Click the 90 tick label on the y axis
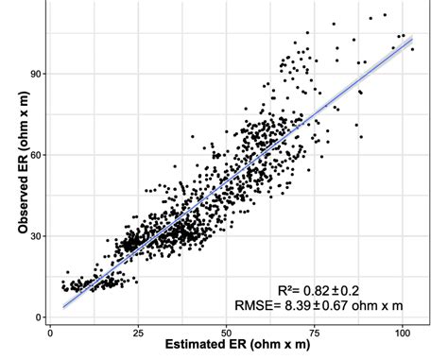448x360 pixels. point(35,73)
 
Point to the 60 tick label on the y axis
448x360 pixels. point(35,154)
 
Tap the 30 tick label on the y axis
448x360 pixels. point(35,236)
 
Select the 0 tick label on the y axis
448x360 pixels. point(39,317)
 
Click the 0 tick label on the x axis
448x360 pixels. point(49,332)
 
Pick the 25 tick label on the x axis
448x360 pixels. point(139,332)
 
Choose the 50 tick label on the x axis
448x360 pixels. point(228,332)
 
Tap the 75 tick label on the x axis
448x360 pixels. point(317,332)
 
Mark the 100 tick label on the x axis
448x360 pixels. point(405,332)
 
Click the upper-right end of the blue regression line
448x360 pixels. point(414,39)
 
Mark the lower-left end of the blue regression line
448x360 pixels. point(62,306)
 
